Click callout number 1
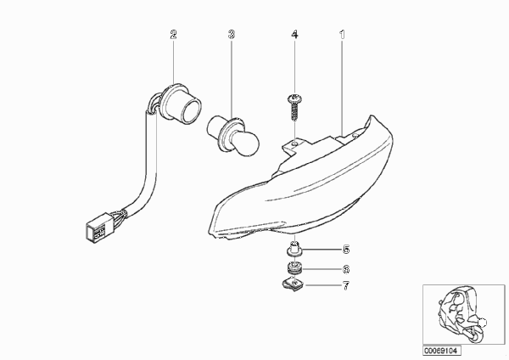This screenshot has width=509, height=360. (x=342, y=34)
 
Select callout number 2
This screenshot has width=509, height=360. (x=173, y=34)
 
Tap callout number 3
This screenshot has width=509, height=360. (x=231, y=34)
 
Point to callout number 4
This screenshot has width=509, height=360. (x=294, y=34)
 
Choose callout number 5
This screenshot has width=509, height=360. (x=346, y=250)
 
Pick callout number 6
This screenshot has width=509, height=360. (x=346, y=269)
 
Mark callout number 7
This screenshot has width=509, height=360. (x=346, y=286)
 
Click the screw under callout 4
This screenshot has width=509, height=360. (x=294, y=107)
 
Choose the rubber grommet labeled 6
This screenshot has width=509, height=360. (x=295, y=268)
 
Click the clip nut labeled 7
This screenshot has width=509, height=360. (x=294, y=285)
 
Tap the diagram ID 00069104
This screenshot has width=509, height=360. (x=441, y=351)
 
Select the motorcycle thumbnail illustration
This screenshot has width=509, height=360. (x=462, y=314)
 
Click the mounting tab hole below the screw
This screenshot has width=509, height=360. (x=294, y=143)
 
